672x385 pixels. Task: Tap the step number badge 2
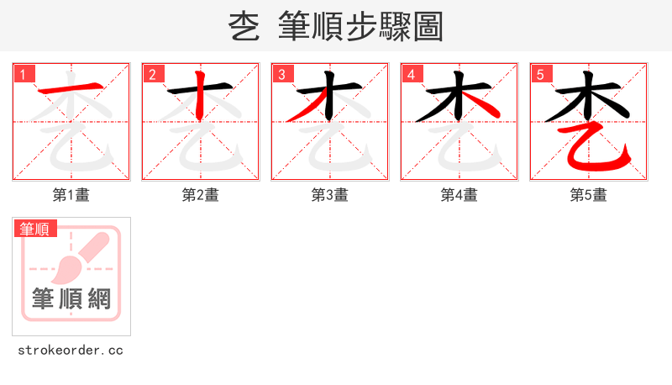153,75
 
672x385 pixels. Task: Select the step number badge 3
282,75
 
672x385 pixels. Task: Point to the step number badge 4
412,75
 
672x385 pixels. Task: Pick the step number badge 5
541,75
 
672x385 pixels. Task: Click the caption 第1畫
71,195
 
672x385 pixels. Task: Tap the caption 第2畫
201,195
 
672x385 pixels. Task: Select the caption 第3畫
330,195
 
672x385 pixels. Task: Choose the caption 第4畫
459,195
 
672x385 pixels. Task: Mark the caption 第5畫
589,195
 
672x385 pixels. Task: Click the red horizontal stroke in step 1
71,89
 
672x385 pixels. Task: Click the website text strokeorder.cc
71,350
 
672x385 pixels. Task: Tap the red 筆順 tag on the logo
34,229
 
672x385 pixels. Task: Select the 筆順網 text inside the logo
71,298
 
